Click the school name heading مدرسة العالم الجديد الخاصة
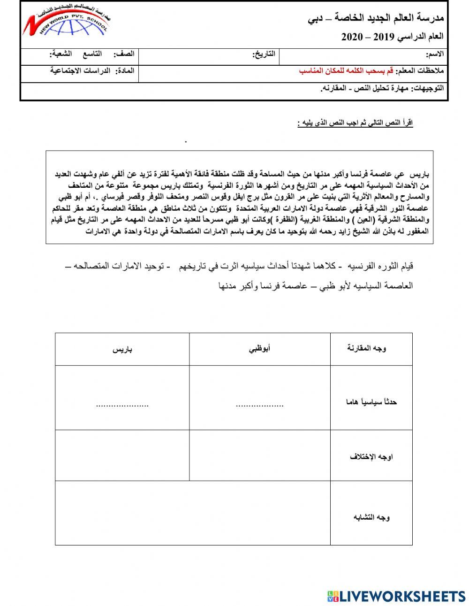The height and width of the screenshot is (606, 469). [x=376, y=18]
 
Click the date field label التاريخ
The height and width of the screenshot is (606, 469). [x=265, y=55]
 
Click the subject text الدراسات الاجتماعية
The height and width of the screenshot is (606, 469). [x=80, y=70]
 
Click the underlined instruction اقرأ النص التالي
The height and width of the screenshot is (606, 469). [x=355, y=123]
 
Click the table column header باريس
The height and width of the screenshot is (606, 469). [x=122, y=349]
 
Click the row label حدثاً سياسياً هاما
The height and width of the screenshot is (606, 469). [x=371, y=402]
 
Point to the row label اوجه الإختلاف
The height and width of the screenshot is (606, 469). [x=371, y=456]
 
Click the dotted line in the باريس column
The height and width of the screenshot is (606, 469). [x=122, y=405]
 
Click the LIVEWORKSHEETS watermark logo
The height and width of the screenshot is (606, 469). [x=396, y=596]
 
